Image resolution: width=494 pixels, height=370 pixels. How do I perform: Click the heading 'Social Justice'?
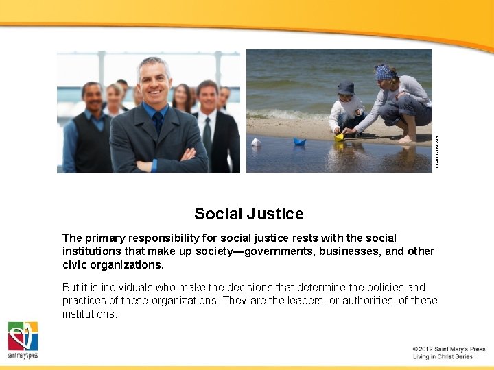(248, 214)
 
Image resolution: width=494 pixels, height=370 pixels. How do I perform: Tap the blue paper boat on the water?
(299, 142)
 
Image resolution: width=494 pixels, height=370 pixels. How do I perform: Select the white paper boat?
(255, 142)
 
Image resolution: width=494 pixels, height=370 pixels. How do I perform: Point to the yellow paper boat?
(339, 136)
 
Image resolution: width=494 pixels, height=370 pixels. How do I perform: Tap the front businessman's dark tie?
(158, 123)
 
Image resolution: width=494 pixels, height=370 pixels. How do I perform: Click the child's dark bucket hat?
(346, 88)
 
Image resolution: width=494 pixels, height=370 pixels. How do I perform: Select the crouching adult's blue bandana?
(385, 72)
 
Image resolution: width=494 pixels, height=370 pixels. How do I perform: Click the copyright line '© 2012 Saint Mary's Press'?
(449, 349)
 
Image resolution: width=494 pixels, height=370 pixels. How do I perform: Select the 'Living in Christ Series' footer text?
(443, 357)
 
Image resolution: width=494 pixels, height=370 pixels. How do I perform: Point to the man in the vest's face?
(91, 97)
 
